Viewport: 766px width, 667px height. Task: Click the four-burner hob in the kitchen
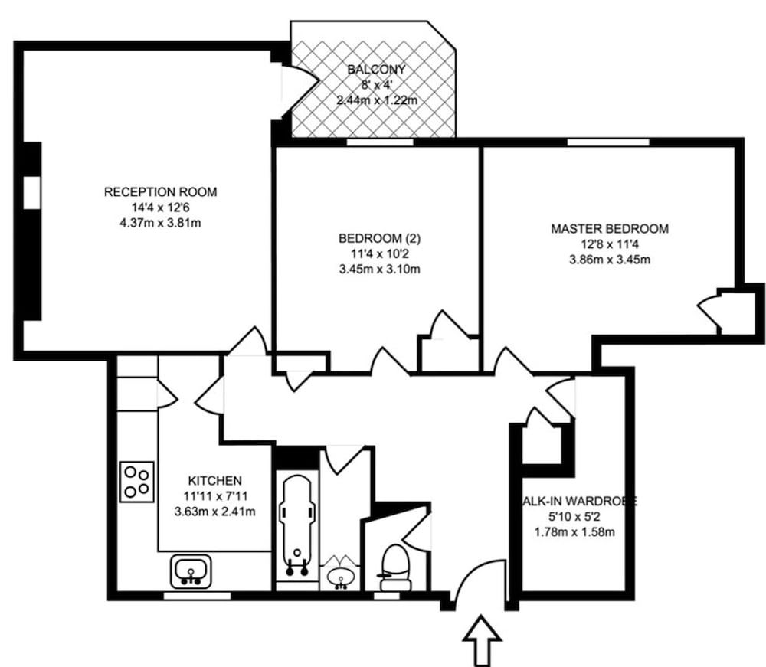(x=137, y=482)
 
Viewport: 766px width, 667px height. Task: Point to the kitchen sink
(x=188, y=571)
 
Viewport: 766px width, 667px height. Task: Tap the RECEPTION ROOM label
(x=160, y=191)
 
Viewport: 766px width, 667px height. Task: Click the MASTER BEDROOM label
(x=610, y=228)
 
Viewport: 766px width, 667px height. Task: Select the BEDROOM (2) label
(x=379, y=238)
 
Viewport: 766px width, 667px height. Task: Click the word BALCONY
(x=375, y=70)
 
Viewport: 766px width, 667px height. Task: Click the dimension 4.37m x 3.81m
(x=160, y=223)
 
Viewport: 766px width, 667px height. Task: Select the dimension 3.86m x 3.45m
(x=610, y=260)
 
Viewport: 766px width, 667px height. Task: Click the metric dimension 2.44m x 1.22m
(x=375, y=100)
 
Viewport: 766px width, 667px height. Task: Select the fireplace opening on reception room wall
(x=31, y=192)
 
